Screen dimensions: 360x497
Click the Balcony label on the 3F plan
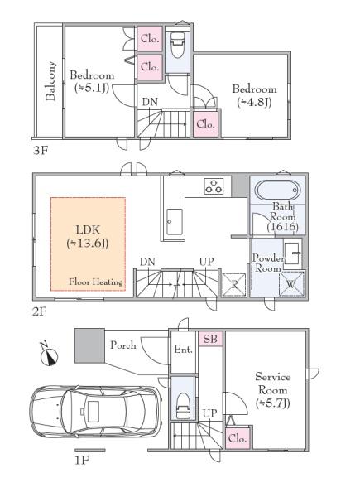coord(51,81)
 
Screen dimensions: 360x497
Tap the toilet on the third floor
coord(177,45)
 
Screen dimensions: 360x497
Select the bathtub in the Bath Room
coord(277,191)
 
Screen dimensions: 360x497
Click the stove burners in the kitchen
coord(214,186)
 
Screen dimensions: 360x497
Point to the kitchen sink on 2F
coord(175,221)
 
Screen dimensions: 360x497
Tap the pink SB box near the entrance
coord(210,339)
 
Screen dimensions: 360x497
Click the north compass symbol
coord(49,355)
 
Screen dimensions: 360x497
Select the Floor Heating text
coord(96,282)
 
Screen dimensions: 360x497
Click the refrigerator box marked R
coord(234,284)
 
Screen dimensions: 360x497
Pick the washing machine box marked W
coord(291,284)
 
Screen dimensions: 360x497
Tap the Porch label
coord(123,345)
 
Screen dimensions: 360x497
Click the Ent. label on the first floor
coord(184,350)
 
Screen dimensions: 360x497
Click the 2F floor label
coord(40,312)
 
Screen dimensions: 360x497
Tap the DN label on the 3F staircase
coord(150,102)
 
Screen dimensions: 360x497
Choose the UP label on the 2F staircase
coord(206,262)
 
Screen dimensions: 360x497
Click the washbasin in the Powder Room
coord(292,253)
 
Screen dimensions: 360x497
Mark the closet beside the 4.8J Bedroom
coord(206,123)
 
